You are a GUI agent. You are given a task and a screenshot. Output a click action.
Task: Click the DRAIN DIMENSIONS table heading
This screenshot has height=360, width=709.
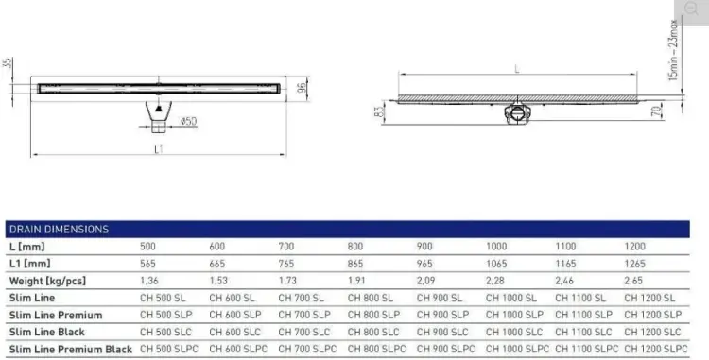tap(59, 229)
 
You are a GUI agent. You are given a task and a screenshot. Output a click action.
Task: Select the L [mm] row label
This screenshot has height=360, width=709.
tap(27, 247)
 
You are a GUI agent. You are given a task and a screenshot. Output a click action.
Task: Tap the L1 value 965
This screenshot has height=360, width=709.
tap(424, 264)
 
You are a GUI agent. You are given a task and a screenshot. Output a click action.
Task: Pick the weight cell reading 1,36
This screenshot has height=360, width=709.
tap(149, 281)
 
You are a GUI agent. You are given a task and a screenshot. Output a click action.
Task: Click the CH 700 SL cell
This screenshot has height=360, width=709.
tap(302, 299)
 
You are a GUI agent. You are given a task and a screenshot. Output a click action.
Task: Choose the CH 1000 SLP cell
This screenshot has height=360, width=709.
tap(514, 315)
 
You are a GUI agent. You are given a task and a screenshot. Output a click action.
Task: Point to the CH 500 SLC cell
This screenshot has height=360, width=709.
tap(166, 332)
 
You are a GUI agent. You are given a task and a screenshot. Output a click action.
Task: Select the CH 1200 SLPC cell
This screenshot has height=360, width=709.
tap(656, 350)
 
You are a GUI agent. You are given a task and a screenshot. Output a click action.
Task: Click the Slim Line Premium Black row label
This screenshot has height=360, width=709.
tap(71, 350)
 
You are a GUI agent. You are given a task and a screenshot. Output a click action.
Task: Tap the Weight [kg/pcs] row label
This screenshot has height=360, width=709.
tap(47, 281)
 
